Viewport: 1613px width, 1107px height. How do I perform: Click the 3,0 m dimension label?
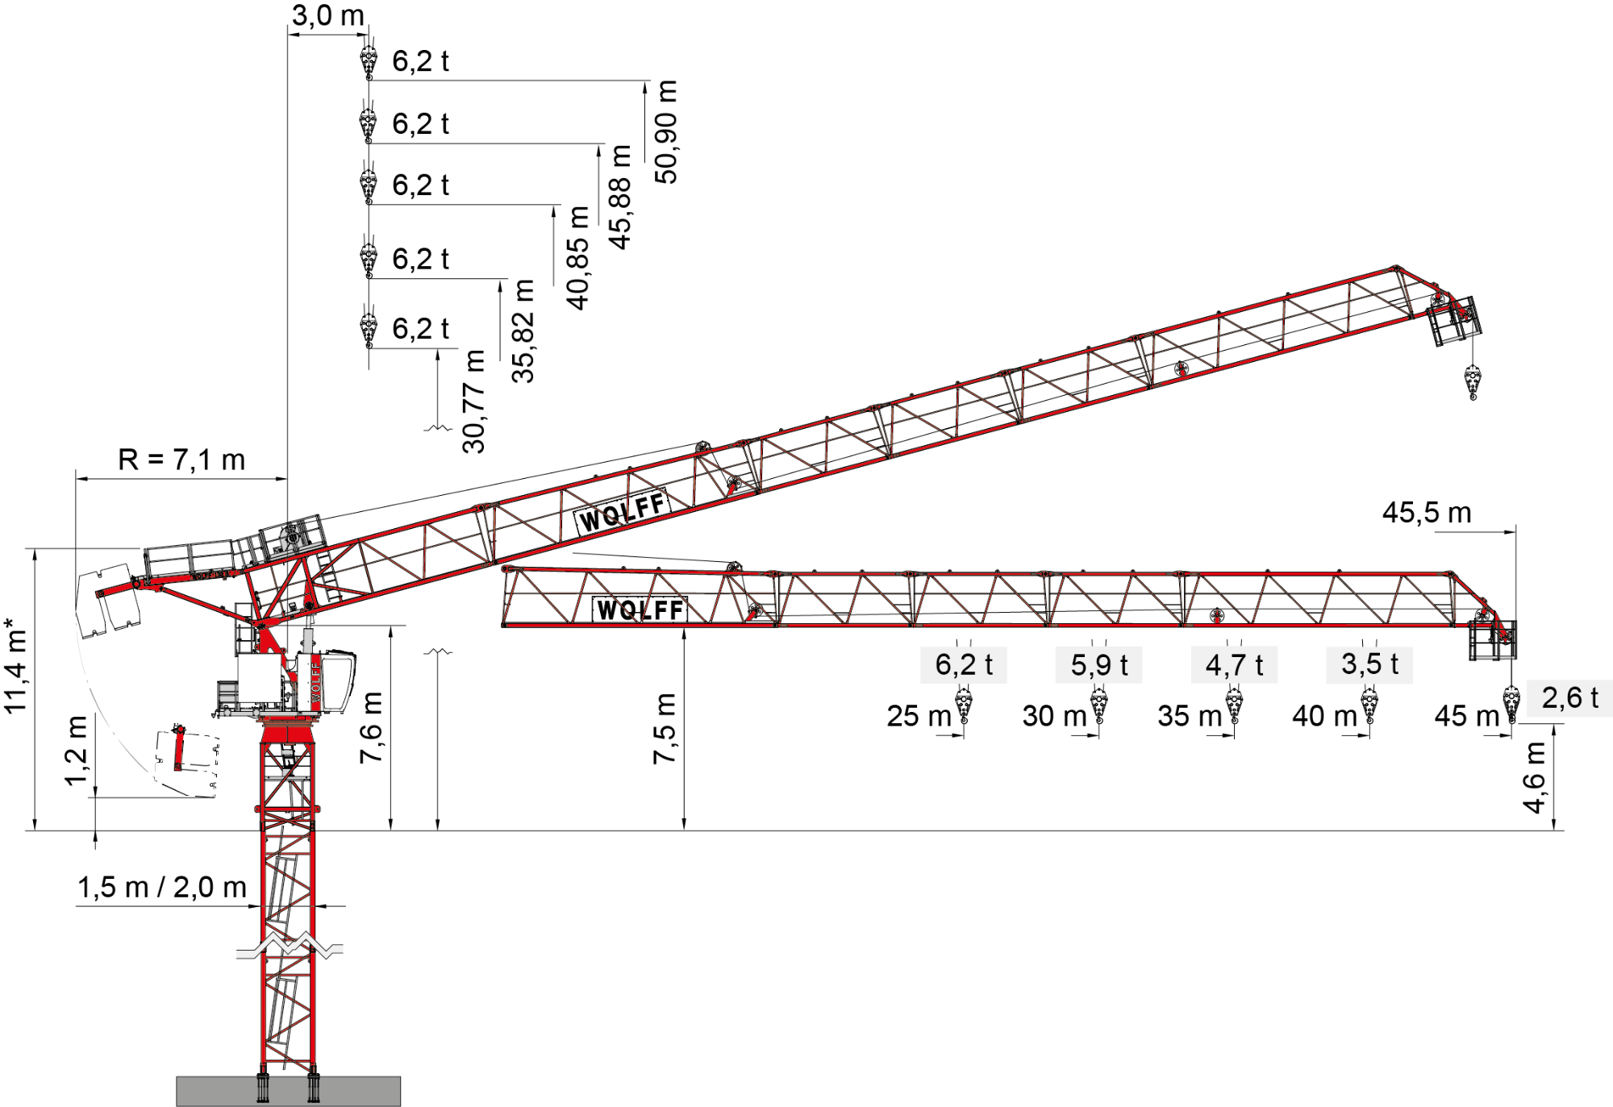(327, 15)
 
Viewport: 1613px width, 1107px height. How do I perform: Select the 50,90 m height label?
(666, 131)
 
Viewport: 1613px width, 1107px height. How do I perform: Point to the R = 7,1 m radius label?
(181, 460)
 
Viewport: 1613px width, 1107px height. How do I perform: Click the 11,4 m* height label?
(15, 665)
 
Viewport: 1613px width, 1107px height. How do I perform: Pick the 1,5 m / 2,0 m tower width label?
(162, 887)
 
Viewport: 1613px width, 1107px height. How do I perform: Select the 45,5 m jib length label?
(1427, 512)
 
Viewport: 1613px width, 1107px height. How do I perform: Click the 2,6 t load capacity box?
(1569, 698)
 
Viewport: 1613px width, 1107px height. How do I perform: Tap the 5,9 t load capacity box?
(1098, 664)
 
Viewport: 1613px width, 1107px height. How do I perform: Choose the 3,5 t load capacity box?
(1369, 664)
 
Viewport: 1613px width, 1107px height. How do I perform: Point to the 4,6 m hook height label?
(1534, 777)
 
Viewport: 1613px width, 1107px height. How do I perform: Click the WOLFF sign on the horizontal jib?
(640, 610)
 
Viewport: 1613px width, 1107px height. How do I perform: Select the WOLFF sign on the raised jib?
(622, 511)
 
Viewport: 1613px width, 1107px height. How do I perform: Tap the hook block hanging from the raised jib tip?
(1473, 381)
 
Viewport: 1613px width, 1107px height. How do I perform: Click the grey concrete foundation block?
(289, 1091)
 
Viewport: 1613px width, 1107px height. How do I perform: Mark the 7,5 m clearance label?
(665, 728)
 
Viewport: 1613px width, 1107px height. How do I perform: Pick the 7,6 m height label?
(371, 727)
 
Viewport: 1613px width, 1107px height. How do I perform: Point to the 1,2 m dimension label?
(76, 750)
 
